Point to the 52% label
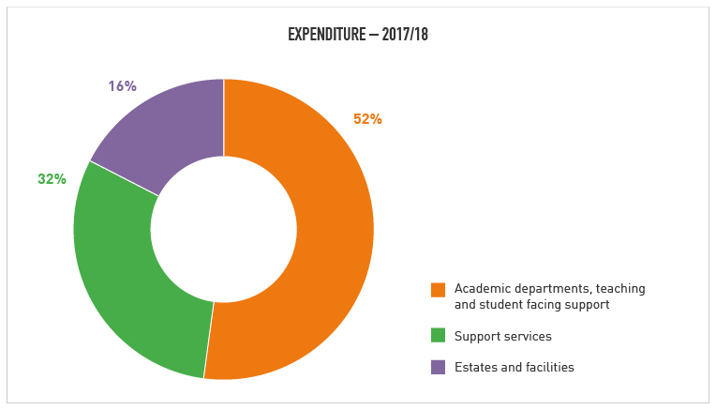click(367, 119)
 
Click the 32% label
click(52, 179)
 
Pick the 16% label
click(122, 86)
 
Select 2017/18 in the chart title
click(405, 35)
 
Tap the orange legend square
click(438, 290)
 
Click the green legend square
click(438, 335)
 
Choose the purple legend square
click(438, 367)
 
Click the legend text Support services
click(502, 336)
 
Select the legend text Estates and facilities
click(514, 368)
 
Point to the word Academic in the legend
click(480, 289)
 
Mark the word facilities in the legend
click(549, 368)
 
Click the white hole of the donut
click(223, 230)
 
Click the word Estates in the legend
click(475, 368)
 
